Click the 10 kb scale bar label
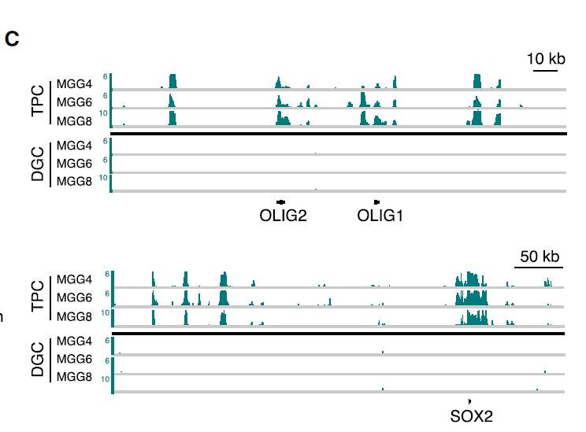coord(546,59)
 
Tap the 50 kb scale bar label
coord(540,256)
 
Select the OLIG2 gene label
coord(283,216)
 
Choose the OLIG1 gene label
coord(380,216)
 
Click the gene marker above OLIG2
coord(281,202)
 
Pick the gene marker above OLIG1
coord(377,202)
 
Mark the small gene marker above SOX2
coord(469,401)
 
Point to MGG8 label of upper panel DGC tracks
coord(74,182)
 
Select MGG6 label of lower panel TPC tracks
coord(74,297)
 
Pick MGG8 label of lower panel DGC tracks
coord(74,376)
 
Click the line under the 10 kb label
coord(545,71)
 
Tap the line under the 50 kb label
coord(539,268)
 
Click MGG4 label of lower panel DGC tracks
coord(74,341)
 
